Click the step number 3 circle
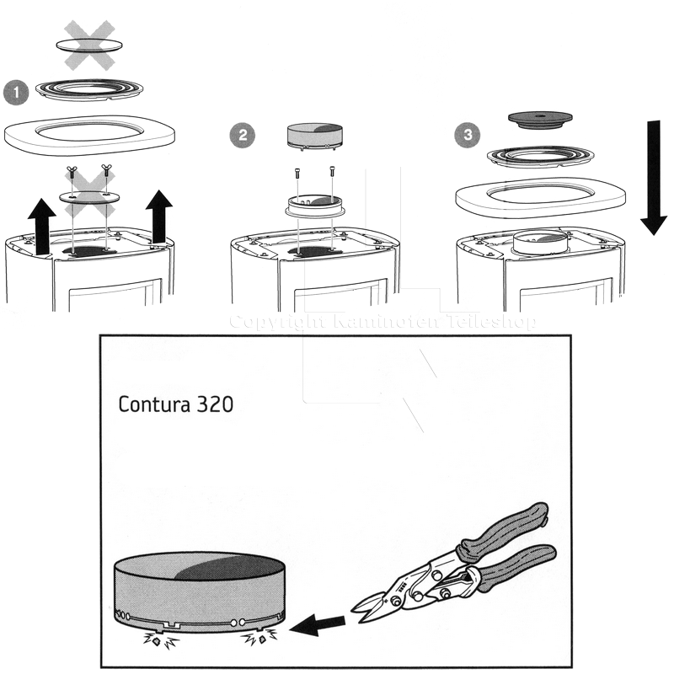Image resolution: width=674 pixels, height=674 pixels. [466, 133]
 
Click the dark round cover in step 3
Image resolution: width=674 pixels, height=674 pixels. [542, 119]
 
